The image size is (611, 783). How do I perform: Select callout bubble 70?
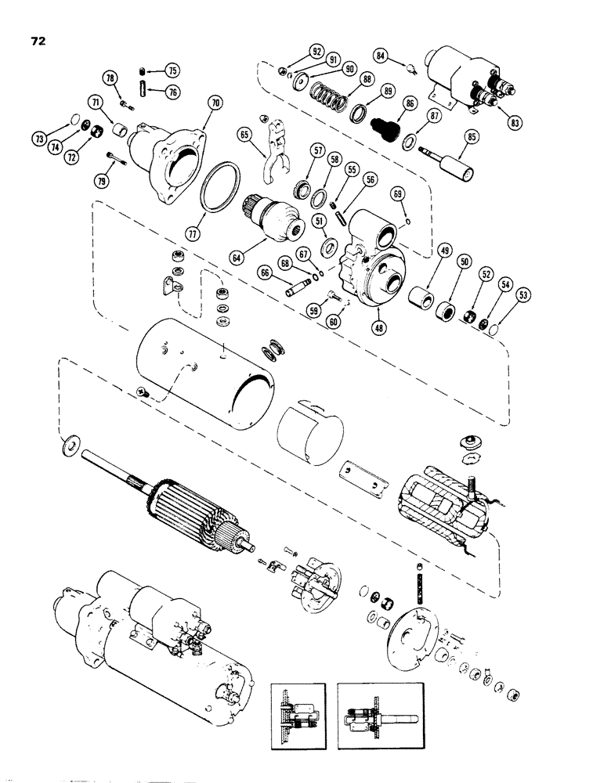(x=215, y=102)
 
